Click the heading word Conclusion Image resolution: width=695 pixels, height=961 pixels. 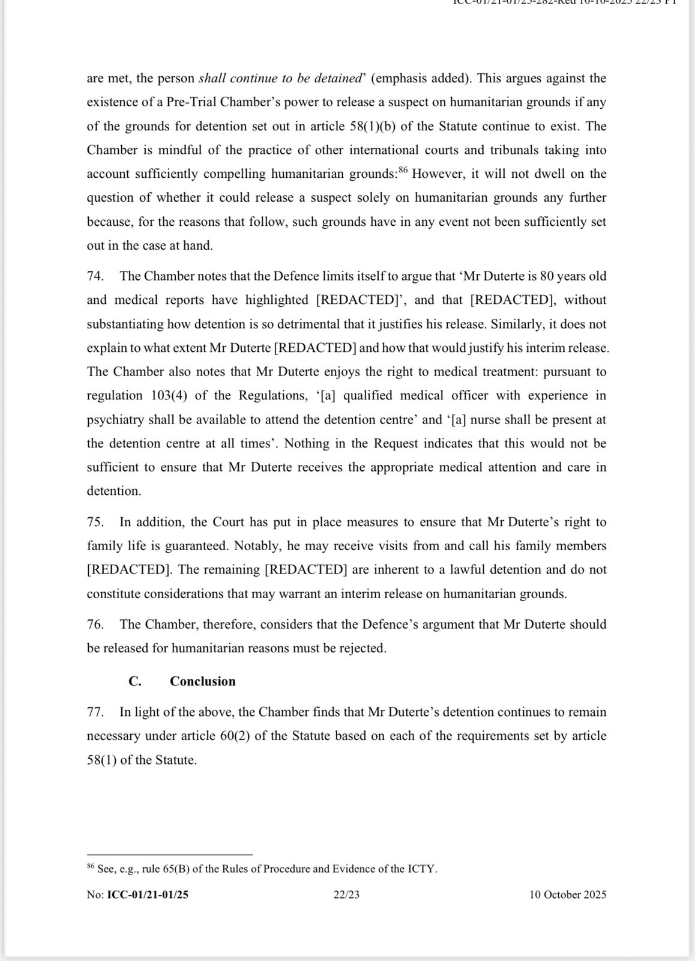tap(202, 681)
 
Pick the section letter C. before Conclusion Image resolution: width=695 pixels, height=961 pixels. tap(135, 681)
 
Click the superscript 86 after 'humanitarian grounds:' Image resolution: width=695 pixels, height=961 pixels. tap(403, 171)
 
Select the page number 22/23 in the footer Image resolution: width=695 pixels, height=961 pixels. tap(347, 895)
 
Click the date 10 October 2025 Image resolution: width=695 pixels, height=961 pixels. tap(568, 895)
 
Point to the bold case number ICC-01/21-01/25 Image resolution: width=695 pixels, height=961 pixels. tap(148, 895)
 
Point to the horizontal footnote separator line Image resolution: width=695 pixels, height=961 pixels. tap(169, 854)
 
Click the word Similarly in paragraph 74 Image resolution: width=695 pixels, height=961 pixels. tap(517, 324)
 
